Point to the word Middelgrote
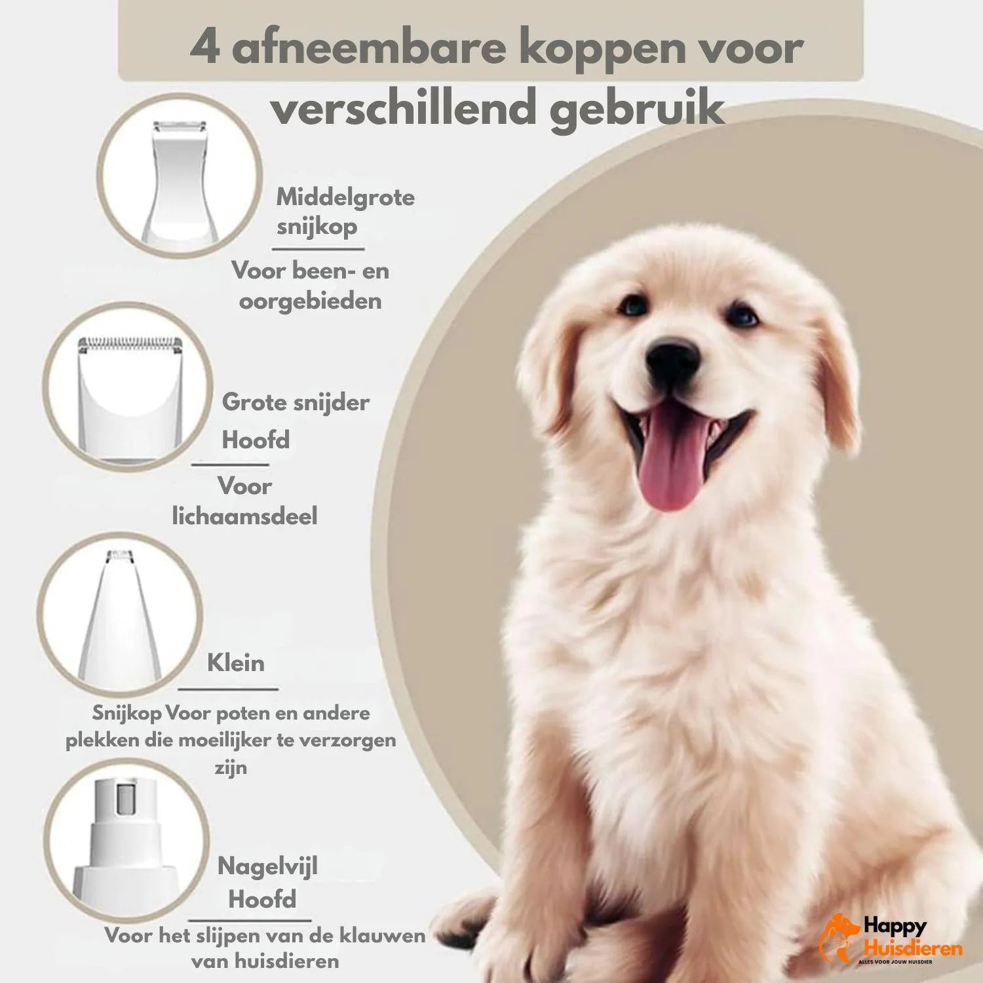345,197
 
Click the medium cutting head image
180,176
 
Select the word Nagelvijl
267,866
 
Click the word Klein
236,663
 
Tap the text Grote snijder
296,402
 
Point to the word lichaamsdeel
244,516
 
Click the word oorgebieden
310,301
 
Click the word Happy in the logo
895,926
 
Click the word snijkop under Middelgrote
317,227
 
